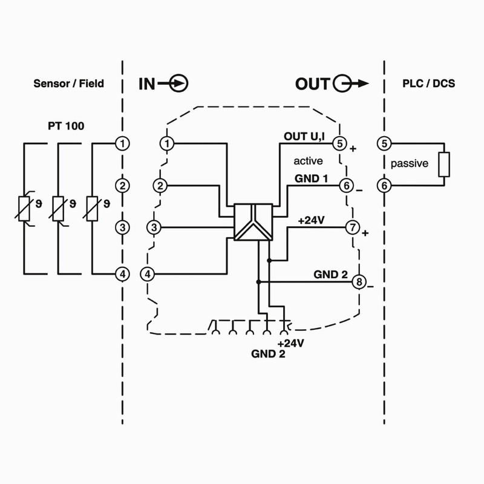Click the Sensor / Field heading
pyautogui.click(x=68, y=83)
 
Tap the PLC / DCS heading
pyautogui.click(x=429, y=83)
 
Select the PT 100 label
pyautogui.click(x=66, y=126)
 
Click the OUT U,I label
pyautogui.click(x=304, y=137)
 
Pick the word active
pyautogui.click(x=308, y=161)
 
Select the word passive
pyautogui.click(x=409, y=163)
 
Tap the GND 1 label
pyautogui.click(x=311, y=179)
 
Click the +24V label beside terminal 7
pyautogui.click(x=312, y=221)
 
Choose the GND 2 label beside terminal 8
pyautogui.click(x=330, y=274)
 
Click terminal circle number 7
pyautogui.click(x=352, y=227)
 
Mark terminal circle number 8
pyautogui.click(x=359, y=282)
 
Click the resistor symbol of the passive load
pyautogui.click(x=444, y=164)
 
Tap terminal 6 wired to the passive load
pyautogui.click(x=384, y=186)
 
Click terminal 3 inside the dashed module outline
pyautogui.click(x=154, y=227)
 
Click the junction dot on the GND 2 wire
pyautogui.click(x=258, y=282)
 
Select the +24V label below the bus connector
pyautogui.click(x=290, y=344)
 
